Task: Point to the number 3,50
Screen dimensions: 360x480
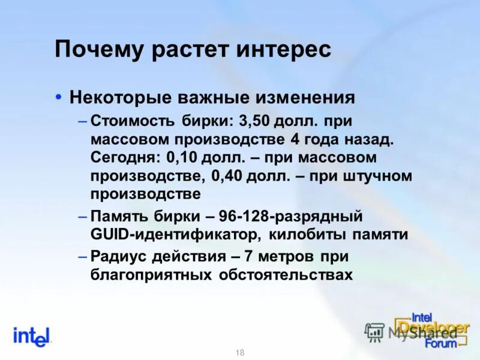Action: (x=254, y=121)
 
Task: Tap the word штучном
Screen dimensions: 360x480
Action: (x=377, y=176)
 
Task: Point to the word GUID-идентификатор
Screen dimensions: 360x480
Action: (x=175, y=234)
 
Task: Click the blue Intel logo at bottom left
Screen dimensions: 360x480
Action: (x=32, y=337)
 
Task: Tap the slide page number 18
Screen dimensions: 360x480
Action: (x=240, y=353)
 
